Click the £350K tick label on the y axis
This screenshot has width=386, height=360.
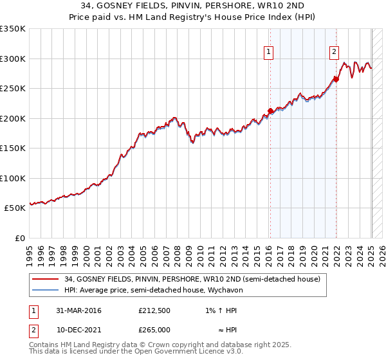pyautogui.click(x=13, y=29)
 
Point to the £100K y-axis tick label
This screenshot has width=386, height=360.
pyautogui.click(x=13, y=178)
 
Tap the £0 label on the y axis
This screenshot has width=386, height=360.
pyautogui.click(x=19, y=238)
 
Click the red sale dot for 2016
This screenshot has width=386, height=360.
pyautogui.click(x=270, y=111)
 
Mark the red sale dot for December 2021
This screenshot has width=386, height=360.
pyautogui.click(x=336, y=80)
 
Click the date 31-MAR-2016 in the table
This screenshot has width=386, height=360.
pyautogui.click(x=78, y=311)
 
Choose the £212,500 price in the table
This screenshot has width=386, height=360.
pyautogui.click(x=154, y=311)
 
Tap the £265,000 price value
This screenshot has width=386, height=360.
pyautogui.click(x=154, y=330)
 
